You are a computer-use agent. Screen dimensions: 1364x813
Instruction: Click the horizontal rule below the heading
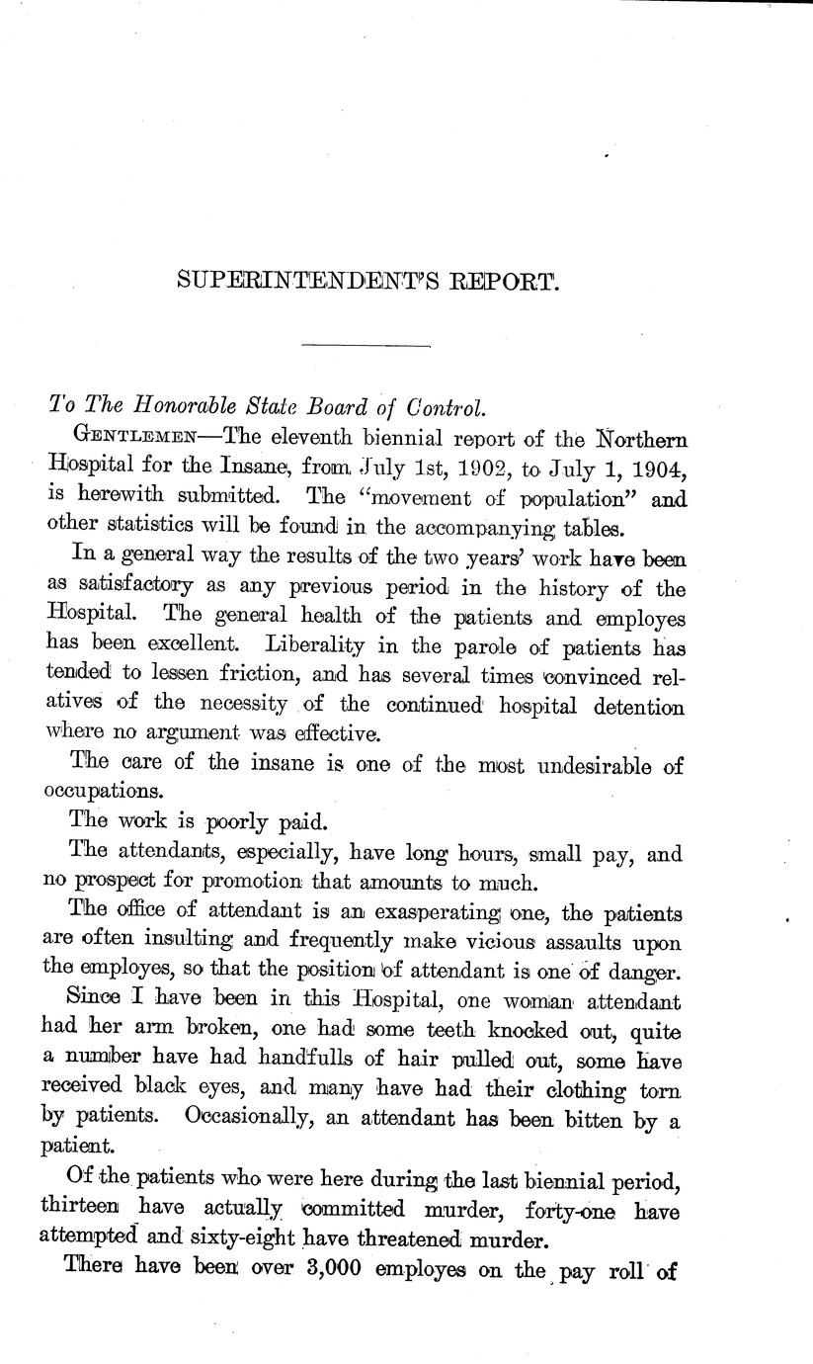click(366, 345)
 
